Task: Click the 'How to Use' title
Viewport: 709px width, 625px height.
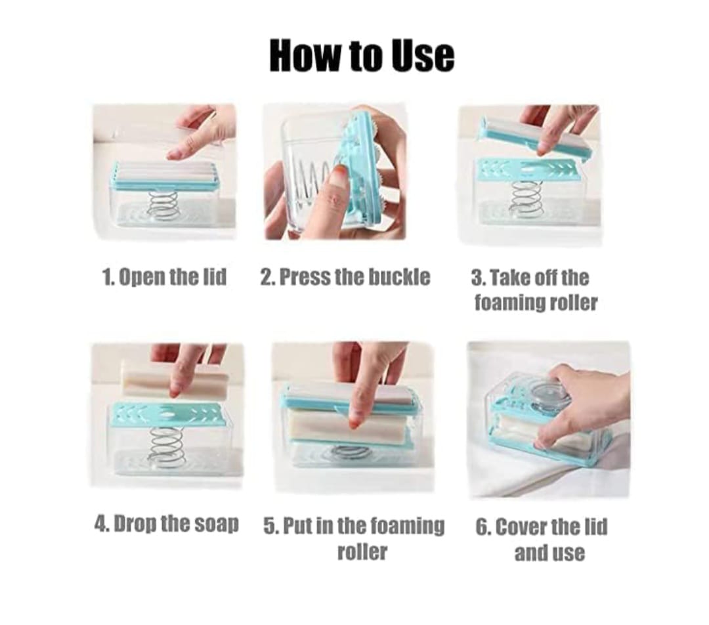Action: (362, 55)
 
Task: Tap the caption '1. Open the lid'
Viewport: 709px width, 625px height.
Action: (165, 277)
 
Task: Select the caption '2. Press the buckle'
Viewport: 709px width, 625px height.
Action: (345, 277)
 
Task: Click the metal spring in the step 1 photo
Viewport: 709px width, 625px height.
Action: (163, 203)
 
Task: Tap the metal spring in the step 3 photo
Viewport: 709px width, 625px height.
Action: (526, 197)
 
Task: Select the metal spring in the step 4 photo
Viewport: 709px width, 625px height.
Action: (165, 444)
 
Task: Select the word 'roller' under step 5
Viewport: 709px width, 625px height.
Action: (362, 552)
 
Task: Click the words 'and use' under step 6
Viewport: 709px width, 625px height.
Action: (549, 553)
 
